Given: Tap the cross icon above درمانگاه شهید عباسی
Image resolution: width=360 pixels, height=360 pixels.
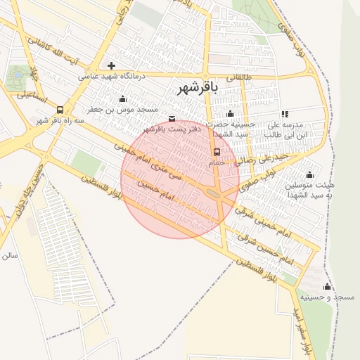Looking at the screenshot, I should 111,65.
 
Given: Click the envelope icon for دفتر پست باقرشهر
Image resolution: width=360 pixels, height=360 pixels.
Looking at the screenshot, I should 172,118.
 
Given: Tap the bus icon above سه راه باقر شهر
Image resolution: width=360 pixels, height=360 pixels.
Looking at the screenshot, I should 60,110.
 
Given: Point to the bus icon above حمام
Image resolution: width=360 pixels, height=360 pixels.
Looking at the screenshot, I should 217,152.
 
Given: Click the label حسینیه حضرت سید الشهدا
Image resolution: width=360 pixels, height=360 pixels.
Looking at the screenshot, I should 231,129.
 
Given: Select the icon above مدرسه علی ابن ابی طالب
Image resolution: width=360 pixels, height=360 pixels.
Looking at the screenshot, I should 285,114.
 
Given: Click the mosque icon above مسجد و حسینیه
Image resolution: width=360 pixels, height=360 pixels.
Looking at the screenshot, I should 327,287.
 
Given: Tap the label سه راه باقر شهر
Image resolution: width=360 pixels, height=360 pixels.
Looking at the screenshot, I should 60,121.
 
